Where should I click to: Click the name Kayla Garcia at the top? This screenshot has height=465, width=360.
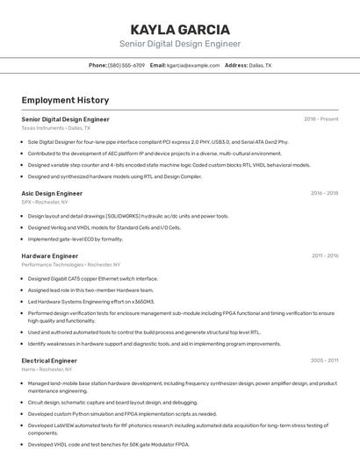(179, 30)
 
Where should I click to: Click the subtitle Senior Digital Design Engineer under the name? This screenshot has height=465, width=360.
(179, 44)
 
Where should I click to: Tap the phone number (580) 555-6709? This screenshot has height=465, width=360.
(126, 65)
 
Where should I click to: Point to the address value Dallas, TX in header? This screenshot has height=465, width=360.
(260, 65)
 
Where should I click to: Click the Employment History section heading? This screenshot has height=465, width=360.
(65, 100)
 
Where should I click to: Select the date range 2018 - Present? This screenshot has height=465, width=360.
(320, 118)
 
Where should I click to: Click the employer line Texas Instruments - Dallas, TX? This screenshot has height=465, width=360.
(55, 128)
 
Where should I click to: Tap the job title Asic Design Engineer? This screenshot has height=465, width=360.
(52, 193)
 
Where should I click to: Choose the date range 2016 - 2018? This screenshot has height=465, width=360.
(324, 193)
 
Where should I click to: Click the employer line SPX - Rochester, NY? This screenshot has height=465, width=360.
(45, 202)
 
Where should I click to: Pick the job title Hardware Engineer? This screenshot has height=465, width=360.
(50, 256)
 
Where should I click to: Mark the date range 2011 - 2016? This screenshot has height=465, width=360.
(324, 256)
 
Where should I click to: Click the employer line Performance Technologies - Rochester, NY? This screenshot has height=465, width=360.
(70, 265)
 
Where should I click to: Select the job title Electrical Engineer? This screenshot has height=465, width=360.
(49, 361)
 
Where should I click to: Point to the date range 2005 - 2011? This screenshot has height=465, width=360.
(324, 361)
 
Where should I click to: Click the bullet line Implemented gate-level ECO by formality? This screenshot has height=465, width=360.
(76, 239)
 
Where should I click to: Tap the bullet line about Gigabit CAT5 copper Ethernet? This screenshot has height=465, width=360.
(93, 278)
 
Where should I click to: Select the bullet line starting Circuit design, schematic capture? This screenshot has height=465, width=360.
(112, 403)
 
